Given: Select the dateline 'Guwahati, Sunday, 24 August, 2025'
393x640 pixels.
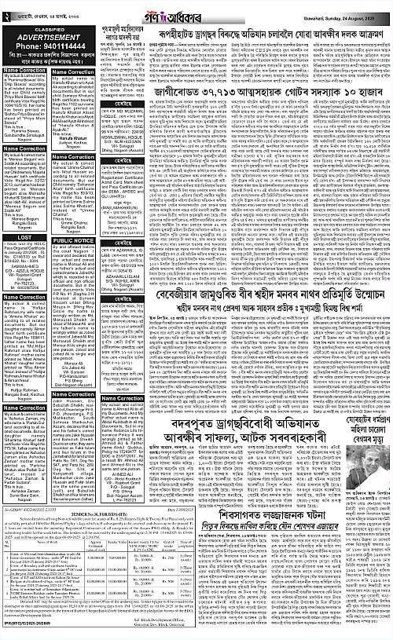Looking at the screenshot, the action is click(345, 14).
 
